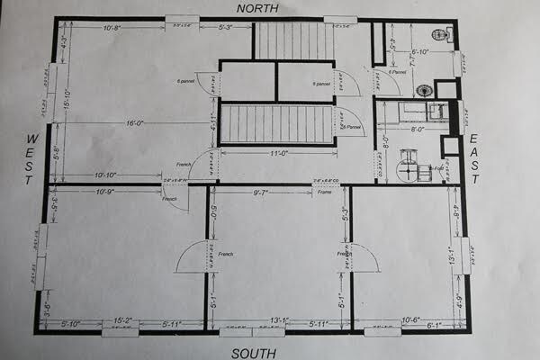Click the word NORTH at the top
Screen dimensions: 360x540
coord(256,8)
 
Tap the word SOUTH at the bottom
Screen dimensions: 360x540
coord(254,353)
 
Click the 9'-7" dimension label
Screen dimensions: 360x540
coord(262,192)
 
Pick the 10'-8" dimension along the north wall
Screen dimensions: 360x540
coord(113,28)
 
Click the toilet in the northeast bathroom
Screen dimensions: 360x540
coord(440,35)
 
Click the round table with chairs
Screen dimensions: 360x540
coord(409,165)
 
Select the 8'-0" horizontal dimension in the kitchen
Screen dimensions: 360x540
coord(418,129)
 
